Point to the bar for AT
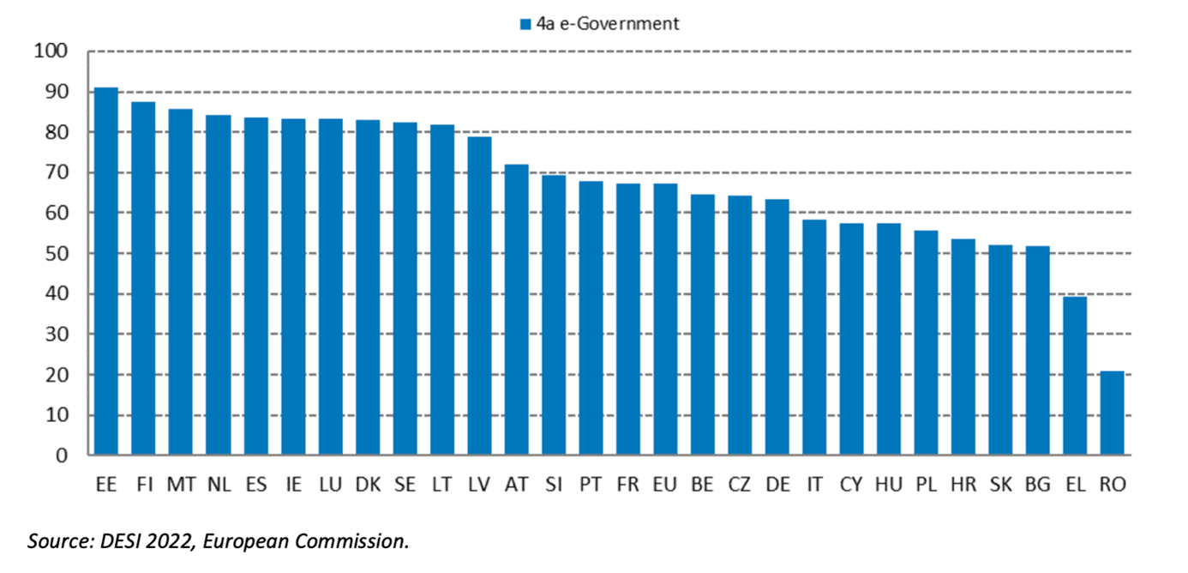pos(516,310)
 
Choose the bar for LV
pos(479,296)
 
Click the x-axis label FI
pos(144,485)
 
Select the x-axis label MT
pos(181,485)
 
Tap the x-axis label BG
pos(1037,485)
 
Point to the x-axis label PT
pos(591,485)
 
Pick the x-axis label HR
pos(963,485)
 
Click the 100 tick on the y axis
pos(51,51)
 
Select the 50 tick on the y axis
pos(55,254)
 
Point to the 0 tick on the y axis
pos(62,455)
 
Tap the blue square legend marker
pos(525,24)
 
